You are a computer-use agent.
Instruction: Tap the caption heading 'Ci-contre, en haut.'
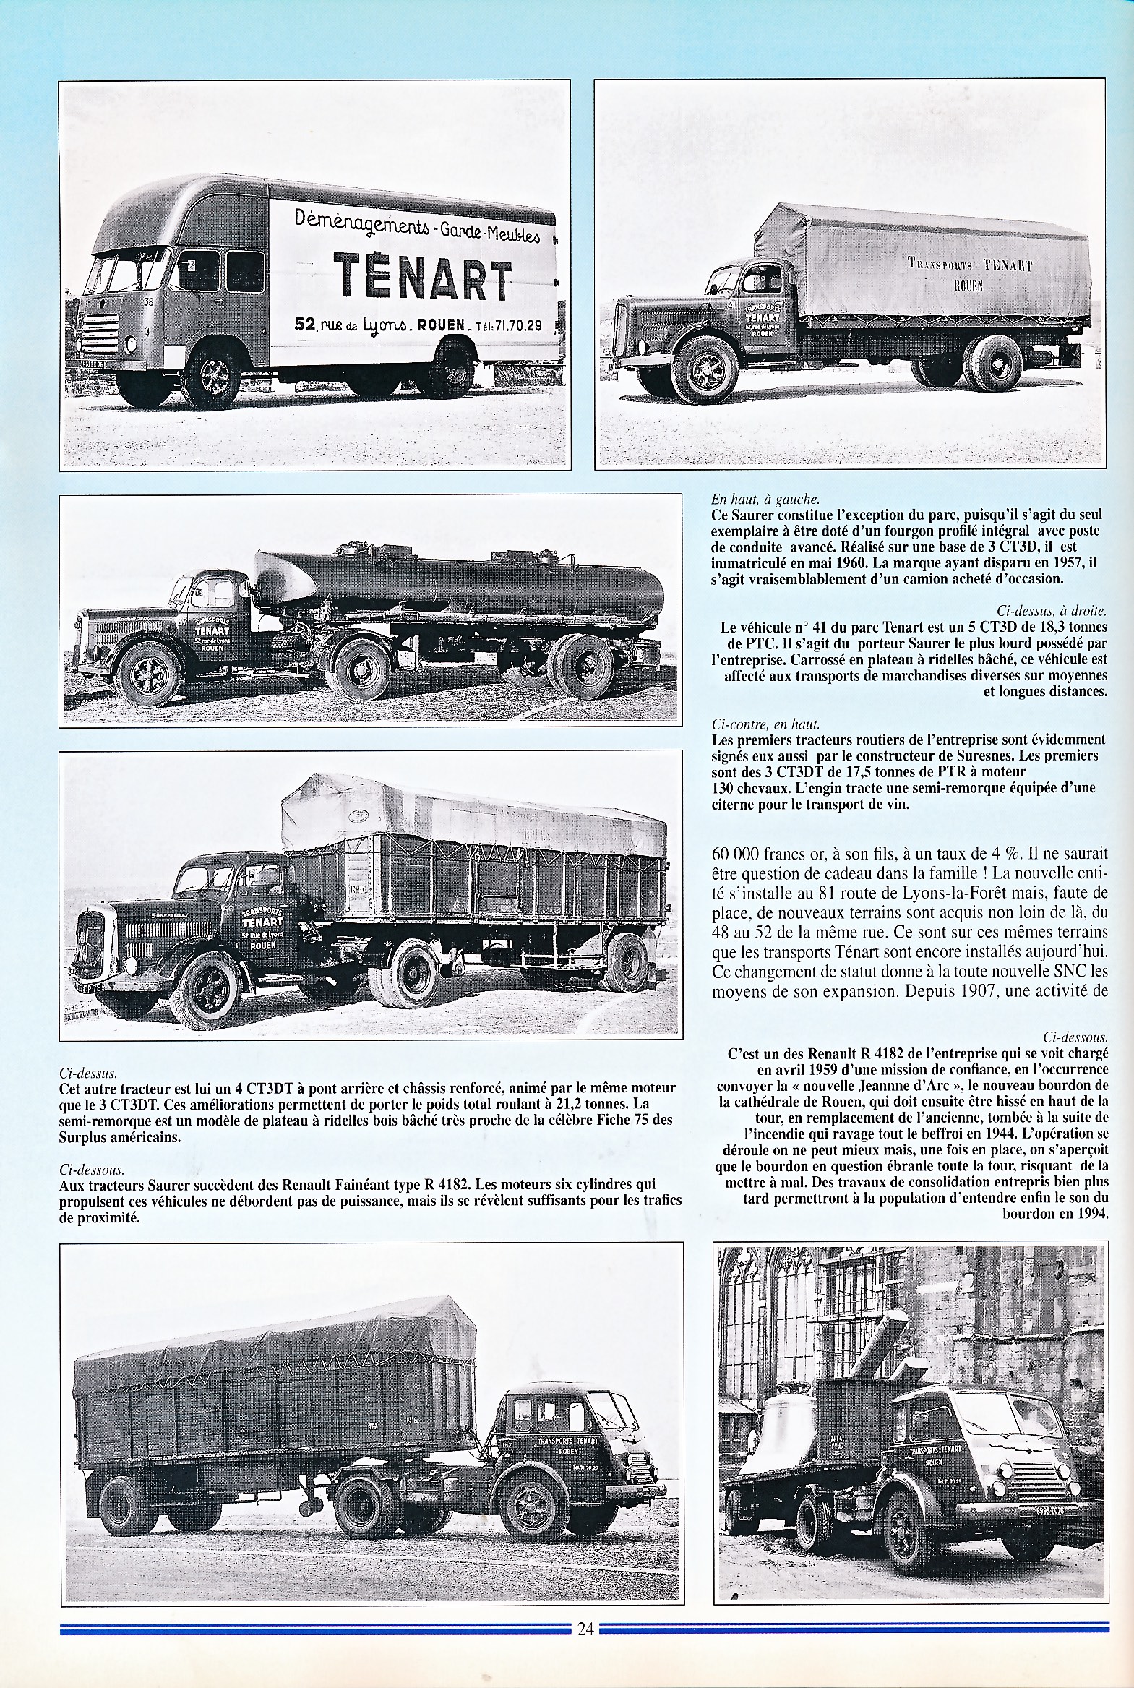tap(756, 723)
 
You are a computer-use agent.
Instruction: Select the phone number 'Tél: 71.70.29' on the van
tap(514, 327)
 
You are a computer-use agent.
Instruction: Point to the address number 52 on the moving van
tap(304, 324)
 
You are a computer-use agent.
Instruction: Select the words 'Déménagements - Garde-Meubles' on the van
tap(416, 228)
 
